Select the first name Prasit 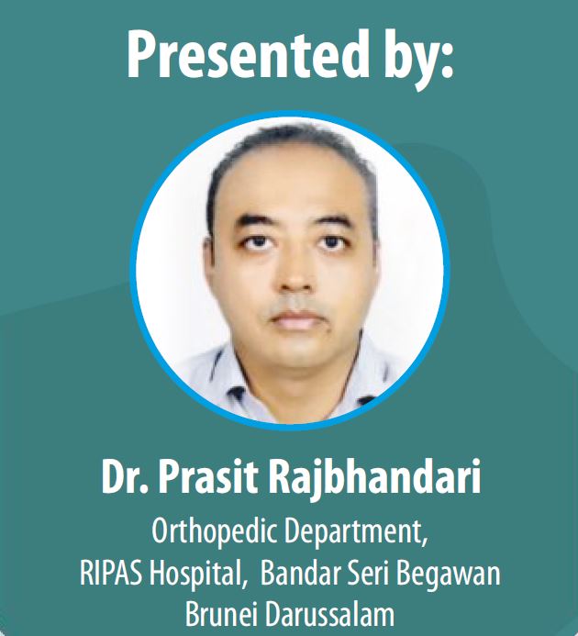pyautogui.click(x=207, y=475)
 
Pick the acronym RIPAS pyautogui.click(x=111, y=573)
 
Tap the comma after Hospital pyautogui.click(x=244, y=583)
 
